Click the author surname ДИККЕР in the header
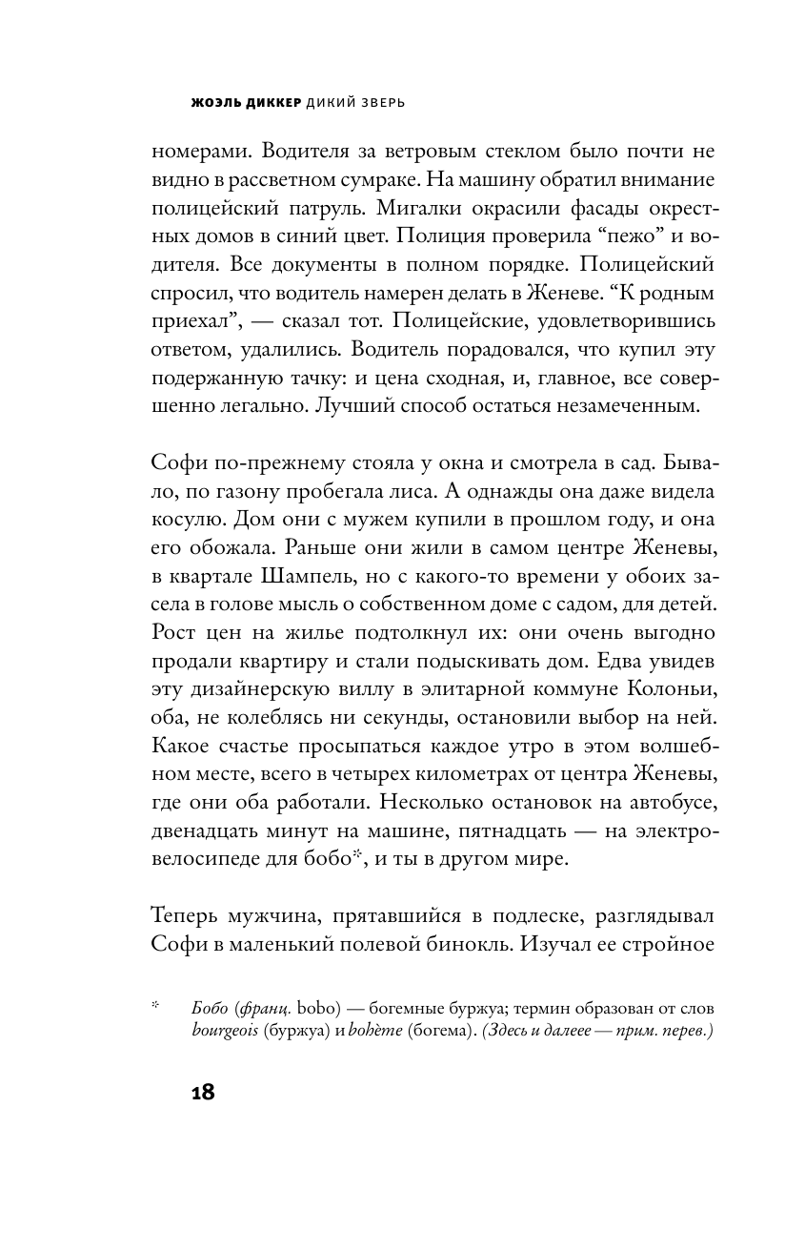coord(270,99)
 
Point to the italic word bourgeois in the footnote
coord(225,1033)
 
